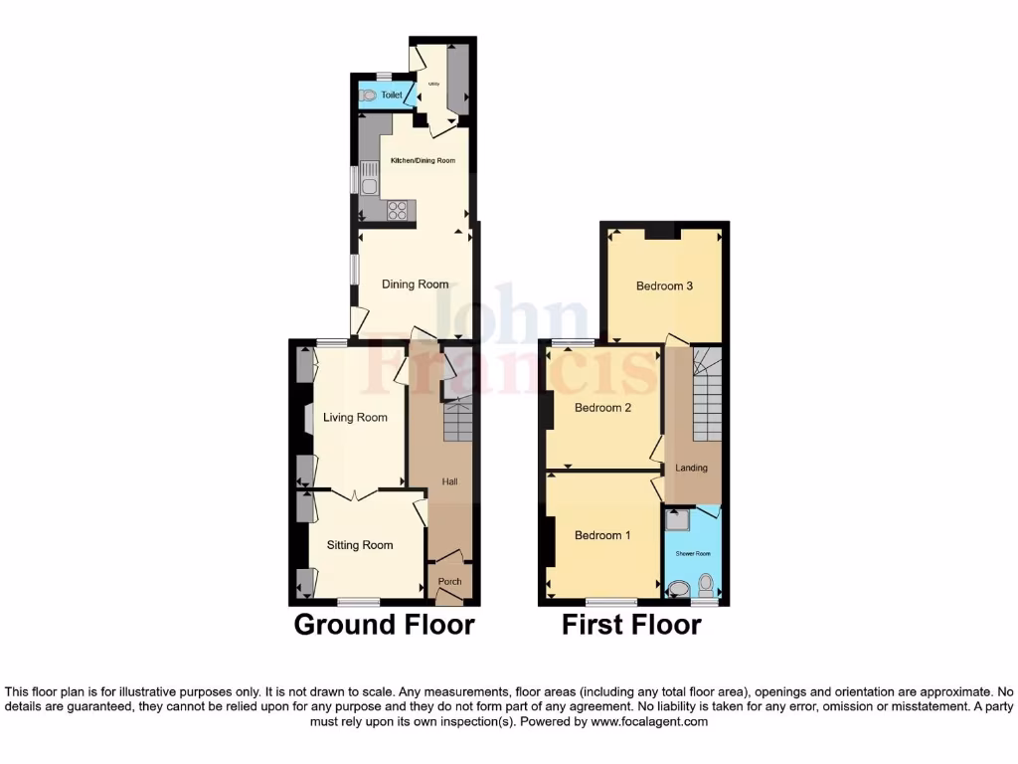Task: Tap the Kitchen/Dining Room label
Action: point(423,160)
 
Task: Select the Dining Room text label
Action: point(416,285)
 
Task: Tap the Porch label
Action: point(449,582)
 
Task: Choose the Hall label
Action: point(449,482)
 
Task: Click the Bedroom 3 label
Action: point(664,286)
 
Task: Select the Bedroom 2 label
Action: point(603,408)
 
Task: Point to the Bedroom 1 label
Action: point(602,535)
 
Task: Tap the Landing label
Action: point(692,468)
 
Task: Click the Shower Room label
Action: point(693,553)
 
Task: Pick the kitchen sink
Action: point(370,185)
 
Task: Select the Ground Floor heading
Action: point(384,625)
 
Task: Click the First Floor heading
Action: point(631,625)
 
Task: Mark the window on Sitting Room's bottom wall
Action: point(358,601)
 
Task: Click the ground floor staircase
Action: point(457,422)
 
